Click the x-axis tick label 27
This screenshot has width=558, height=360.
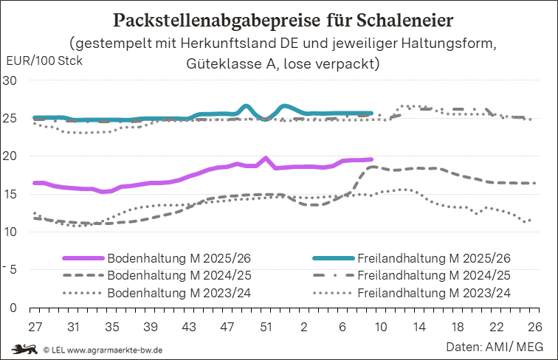pyautogui.click(x=34, y=326)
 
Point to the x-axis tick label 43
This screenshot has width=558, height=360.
pyautogui.click(x=188, y=326)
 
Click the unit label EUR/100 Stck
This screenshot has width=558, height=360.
pyautogui.click(x=44, y=60)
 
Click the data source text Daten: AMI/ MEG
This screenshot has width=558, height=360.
pyautogui.click(x=494, y=346)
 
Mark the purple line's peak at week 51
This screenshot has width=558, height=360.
pyautogui.click(x=266, y=158)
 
